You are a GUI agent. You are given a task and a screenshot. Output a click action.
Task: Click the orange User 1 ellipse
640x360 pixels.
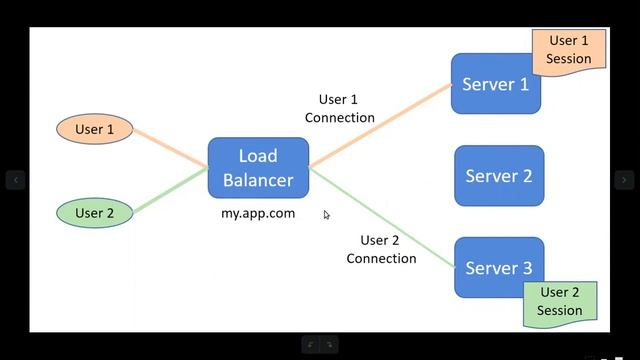(95, 129)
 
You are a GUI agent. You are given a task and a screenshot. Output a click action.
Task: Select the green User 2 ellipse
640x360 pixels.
(95, 213)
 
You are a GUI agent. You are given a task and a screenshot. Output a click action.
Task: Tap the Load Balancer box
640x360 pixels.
(258, 167)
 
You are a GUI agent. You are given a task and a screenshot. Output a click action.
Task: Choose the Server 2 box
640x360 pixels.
(499, 176)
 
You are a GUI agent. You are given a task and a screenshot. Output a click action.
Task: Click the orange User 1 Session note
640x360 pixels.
(568, 50)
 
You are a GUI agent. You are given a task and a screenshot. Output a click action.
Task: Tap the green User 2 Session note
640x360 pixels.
(560, 301)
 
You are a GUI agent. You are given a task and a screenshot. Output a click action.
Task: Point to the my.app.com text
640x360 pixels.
(258, 213)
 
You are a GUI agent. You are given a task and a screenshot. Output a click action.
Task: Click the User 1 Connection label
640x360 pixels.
(339, 109)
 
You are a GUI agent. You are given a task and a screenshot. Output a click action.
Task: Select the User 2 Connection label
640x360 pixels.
(381, 249)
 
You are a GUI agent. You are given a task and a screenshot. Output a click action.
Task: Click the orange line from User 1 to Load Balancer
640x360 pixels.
(170, 148)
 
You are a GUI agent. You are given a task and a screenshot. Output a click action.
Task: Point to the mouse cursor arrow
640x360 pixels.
(327, 215)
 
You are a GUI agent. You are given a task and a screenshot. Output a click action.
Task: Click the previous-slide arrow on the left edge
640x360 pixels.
(15, 180)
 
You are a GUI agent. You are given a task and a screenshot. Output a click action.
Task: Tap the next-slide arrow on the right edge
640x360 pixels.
(624, 180)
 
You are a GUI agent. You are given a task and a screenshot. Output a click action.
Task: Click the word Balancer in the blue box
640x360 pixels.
(258, 180)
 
